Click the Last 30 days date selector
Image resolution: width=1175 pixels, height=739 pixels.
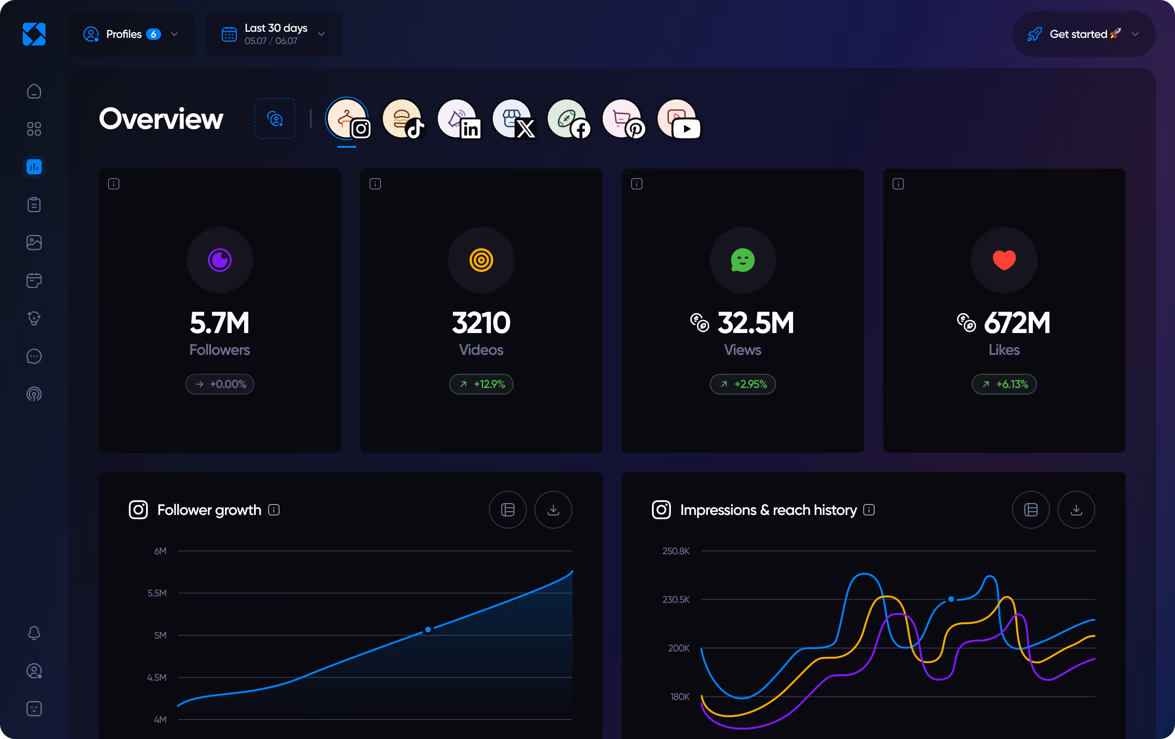click(273, 34)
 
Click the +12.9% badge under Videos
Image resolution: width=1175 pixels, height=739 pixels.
click(481, 384)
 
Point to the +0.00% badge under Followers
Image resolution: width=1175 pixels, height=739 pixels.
click(219, 384)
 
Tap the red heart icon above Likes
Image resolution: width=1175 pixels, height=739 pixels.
click(1004, 260)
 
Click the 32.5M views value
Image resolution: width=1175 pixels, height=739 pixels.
click(755, 323)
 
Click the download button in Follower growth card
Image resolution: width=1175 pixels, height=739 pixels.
click(553, 510)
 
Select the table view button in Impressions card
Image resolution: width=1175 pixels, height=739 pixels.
click(1030, 510)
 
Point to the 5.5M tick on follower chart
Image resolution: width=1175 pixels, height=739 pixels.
click(157, 593)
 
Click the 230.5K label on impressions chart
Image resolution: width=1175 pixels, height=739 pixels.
click(676, 600)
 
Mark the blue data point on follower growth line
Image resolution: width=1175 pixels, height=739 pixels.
click(428, 630)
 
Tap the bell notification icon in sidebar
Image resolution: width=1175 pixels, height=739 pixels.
click(34, 633)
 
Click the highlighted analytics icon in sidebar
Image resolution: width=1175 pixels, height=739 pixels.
click(34, 167)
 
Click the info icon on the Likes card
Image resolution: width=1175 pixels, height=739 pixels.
click(898, 184)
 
